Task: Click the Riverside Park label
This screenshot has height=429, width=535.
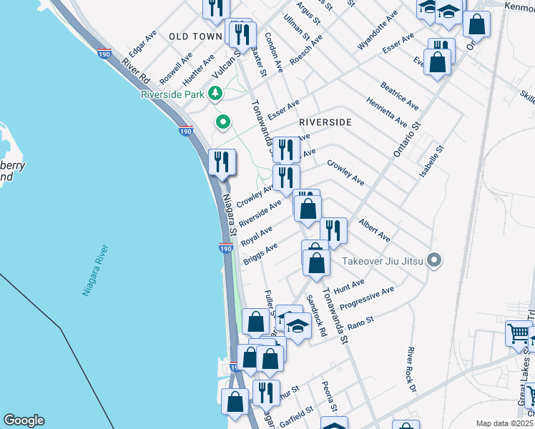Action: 172,94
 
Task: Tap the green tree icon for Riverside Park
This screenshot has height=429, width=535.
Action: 215,94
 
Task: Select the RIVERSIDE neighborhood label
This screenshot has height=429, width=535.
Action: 325,122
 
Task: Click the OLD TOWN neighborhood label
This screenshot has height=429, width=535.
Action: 195,36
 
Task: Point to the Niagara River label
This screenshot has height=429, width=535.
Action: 92,271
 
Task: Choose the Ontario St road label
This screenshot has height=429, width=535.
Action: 404,139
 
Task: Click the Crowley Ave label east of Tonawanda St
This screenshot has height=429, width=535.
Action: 346,172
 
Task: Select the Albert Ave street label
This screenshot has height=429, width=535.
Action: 375,230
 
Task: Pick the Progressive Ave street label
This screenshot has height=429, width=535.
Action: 366,299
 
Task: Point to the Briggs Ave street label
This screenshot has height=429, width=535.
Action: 260,254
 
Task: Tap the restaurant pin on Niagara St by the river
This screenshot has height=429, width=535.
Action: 222,162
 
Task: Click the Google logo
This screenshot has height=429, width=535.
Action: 24,420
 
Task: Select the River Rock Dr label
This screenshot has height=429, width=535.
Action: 411,370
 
